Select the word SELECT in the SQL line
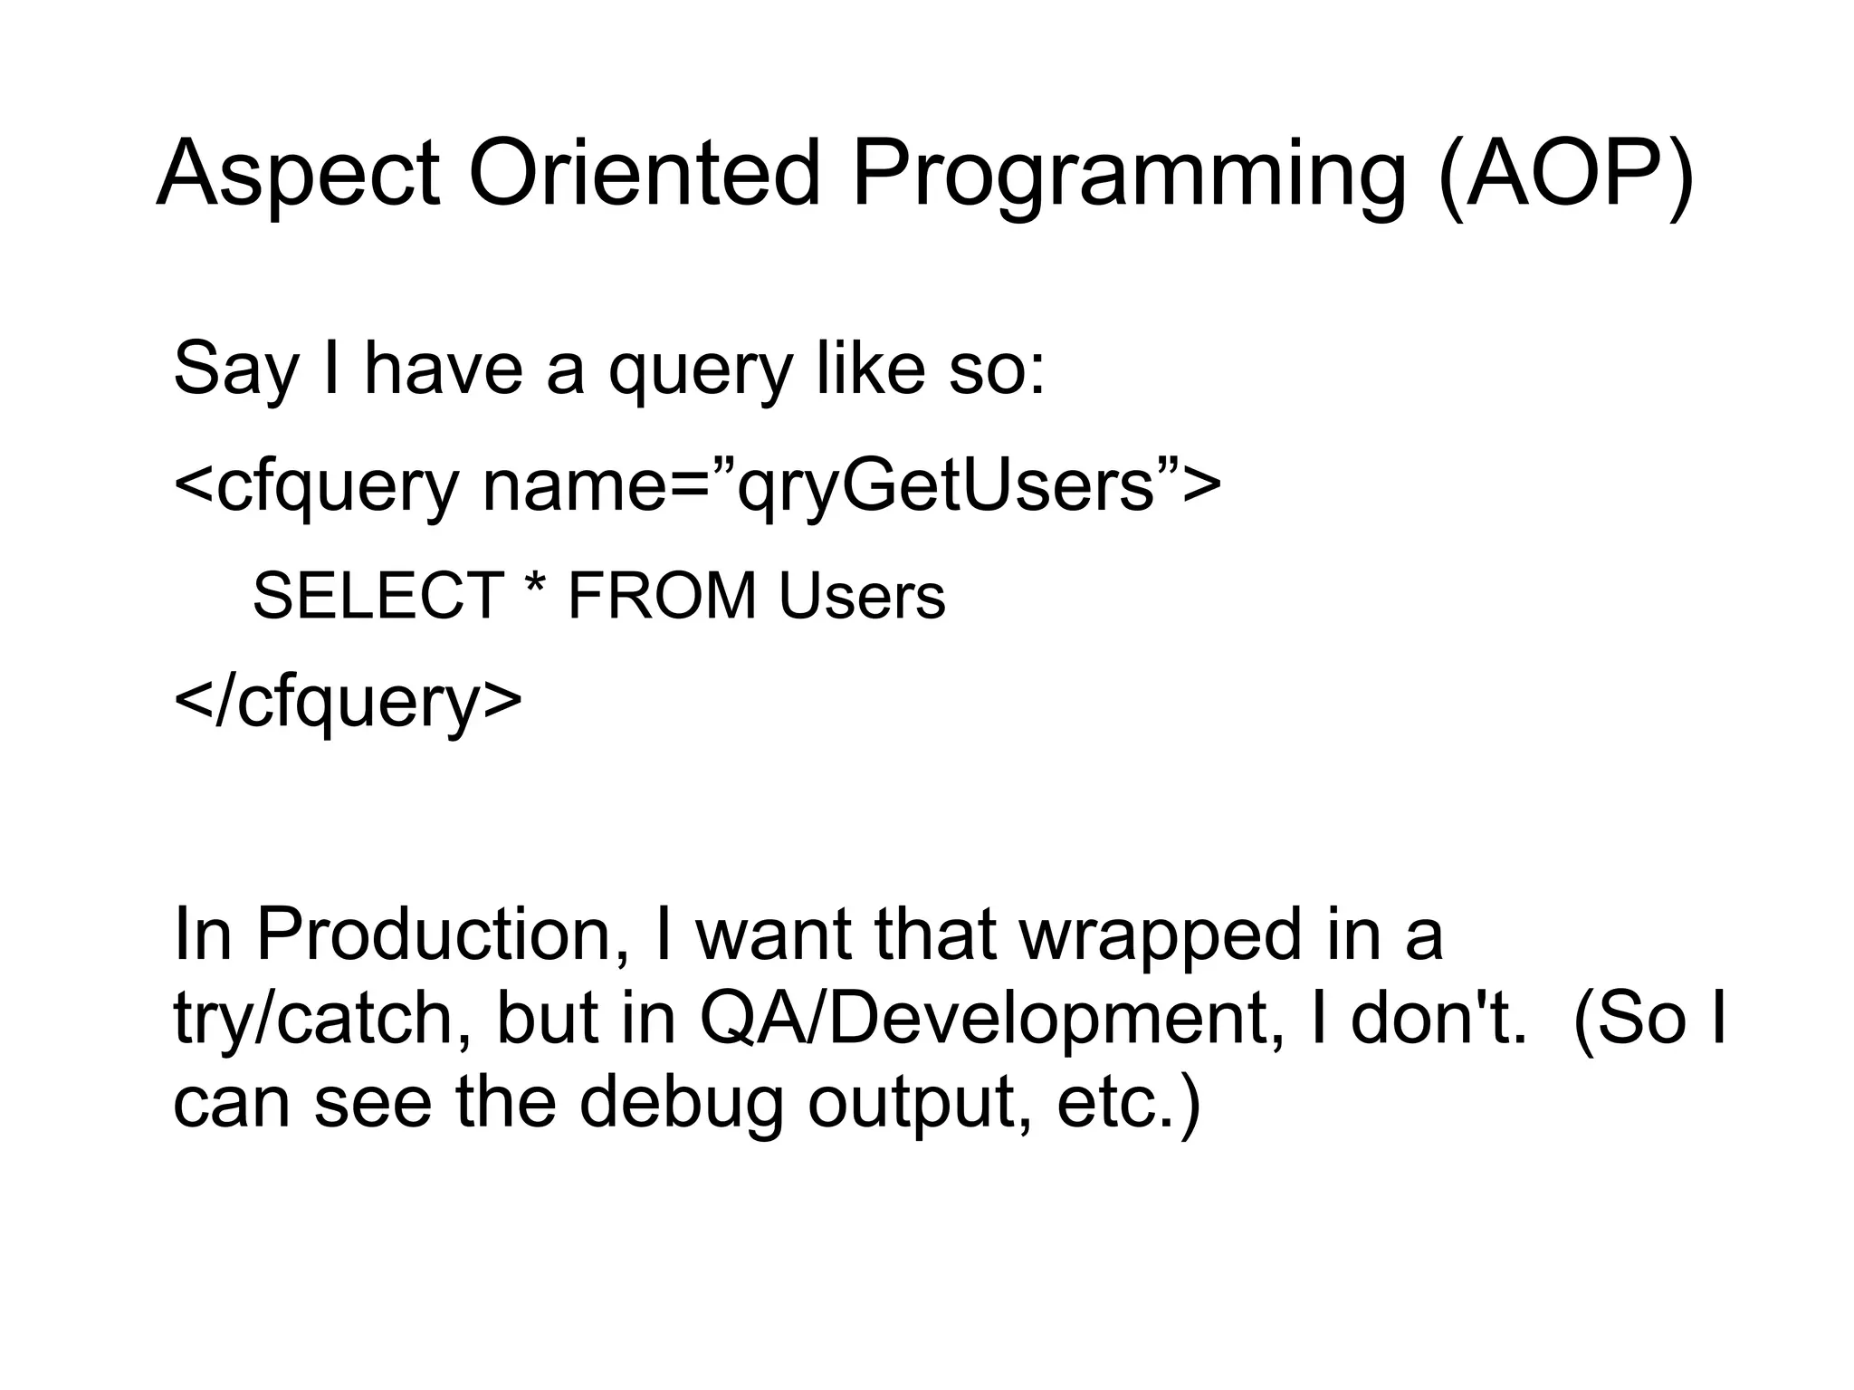click(377, 597)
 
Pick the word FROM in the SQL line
click(662, 597)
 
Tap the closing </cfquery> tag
click(348, 703)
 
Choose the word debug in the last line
click(681, 1104)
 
